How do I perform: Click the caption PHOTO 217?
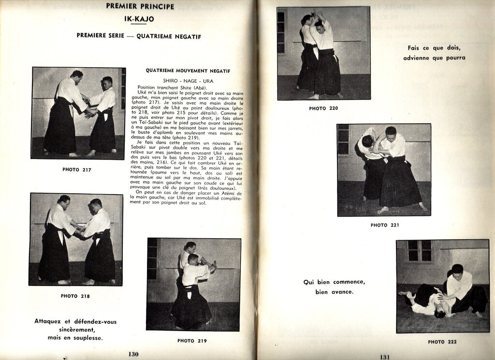pyautogui.click(x=76, y=170)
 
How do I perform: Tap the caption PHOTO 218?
pyautogui.click(x=75, y=296)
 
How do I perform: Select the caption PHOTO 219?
pyautogui.click(x=192, y=341)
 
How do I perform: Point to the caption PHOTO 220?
pyautogui.click(x=323, y=108)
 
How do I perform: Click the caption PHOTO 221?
pyautogui.click(x=385, y=225)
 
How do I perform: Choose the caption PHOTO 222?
pyautogui.click(x=442, y=342)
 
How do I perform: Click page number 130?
pyautogui.click(x=133, y=354)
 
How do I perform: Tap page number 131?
pyautogui.click(x=384, y=357)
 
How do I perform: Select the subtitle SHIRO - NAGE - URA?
pyautogui.click(x=188, y=81)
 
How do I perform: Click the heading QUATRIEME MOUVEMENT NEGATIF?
pyautogui.click(x=188, y=71)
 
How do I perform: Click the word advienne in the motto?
pyautogui.click(x=422, y=58)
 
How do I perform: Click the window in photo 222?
pyautogui.click(x=419, y=251)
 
